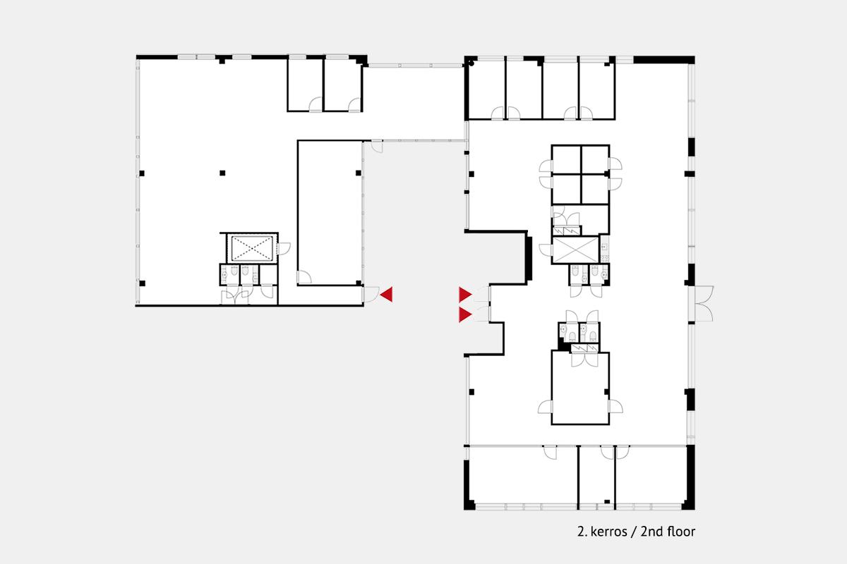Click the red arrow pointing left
point(388,294)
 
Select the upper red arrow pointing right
point(464,294)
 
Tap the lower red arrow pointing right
point(464,314)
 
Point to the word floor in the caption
point(681,531)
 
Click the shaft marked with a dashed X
point(252,249)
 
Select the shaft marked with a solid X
point(575,250)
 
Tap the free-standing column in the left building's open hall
point(222,173)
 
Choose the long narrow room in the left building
point(330,213)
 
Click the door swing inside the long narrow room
point(304,277)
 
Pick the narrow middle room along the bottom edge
point(596,476)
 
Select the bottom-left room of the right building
point(523,476)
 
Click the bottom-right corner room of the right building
point(651,476)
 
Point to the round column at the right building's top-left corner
point(471,63)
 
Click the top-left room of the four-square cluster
point(566,159)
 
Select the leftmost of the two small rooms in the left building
point(306,85)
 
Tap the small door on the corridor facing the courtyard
point(377,147)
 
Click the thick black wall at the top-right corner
point(664,60)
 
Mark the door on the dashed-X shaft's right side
point(284,249)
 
